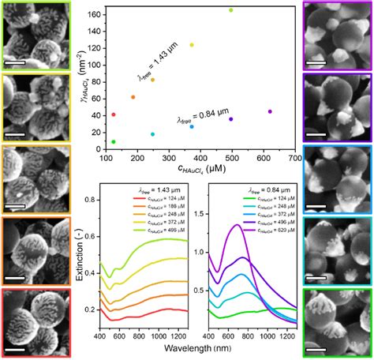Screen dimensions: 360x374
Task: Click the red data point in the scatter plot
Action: click(x=114, y=114)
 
